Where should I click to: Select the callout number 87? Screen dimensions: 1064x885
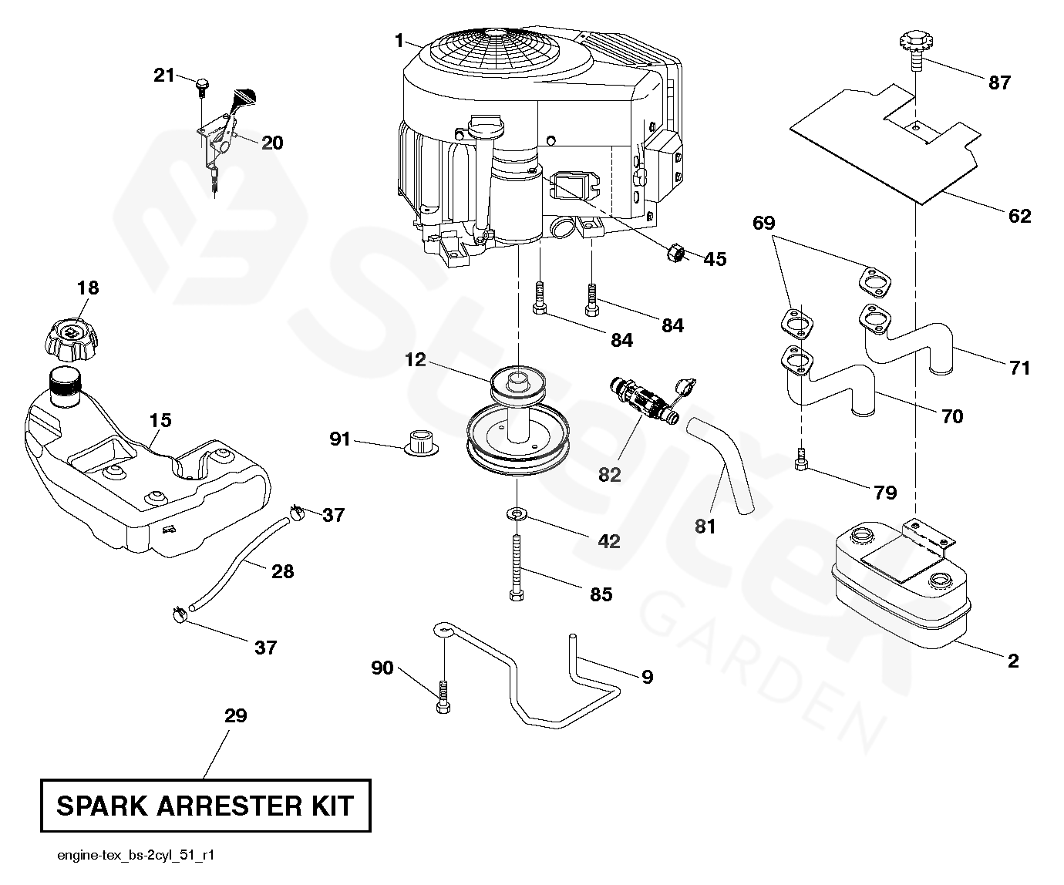click(999, 82)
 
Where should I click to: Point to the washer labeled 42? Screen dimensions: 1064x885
click(517, 513)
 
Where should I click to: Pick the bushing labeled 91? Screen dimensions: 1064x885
click(421, 443)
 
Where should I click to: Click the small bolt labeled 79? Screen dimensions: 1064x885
click(801, 459)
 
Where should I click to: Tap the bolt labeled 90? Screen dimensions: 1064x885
click(443, 698)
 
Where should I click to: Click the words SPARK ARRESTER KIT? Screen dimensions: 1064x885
click(205, 806)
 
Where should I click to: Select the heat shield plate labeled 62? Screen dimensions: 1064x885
click(886, 145)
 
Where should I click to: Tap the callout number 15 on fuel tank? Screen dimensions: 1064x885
click(160, 420)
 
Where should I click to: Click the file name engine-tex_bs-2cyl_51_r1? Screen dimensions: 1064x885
click(136, 855)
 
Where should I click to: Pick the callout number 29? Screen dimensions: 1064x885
click(235, 716)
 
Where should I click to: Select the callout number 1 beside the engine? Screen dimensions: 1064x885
click(399, 41)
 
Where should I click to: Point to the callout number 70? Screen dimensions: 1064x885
click(952, 417)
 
